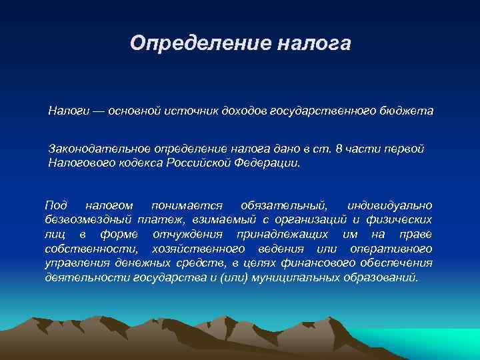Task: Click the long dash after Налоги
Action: (x=97, y=109)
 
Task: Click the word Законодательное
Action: (x=99, y=148)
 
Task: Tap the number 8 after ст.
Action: (x=341, y=148)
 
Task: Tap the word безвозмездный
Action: (x=89, y=219)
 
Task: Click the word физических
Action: (x=402, y=219)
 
